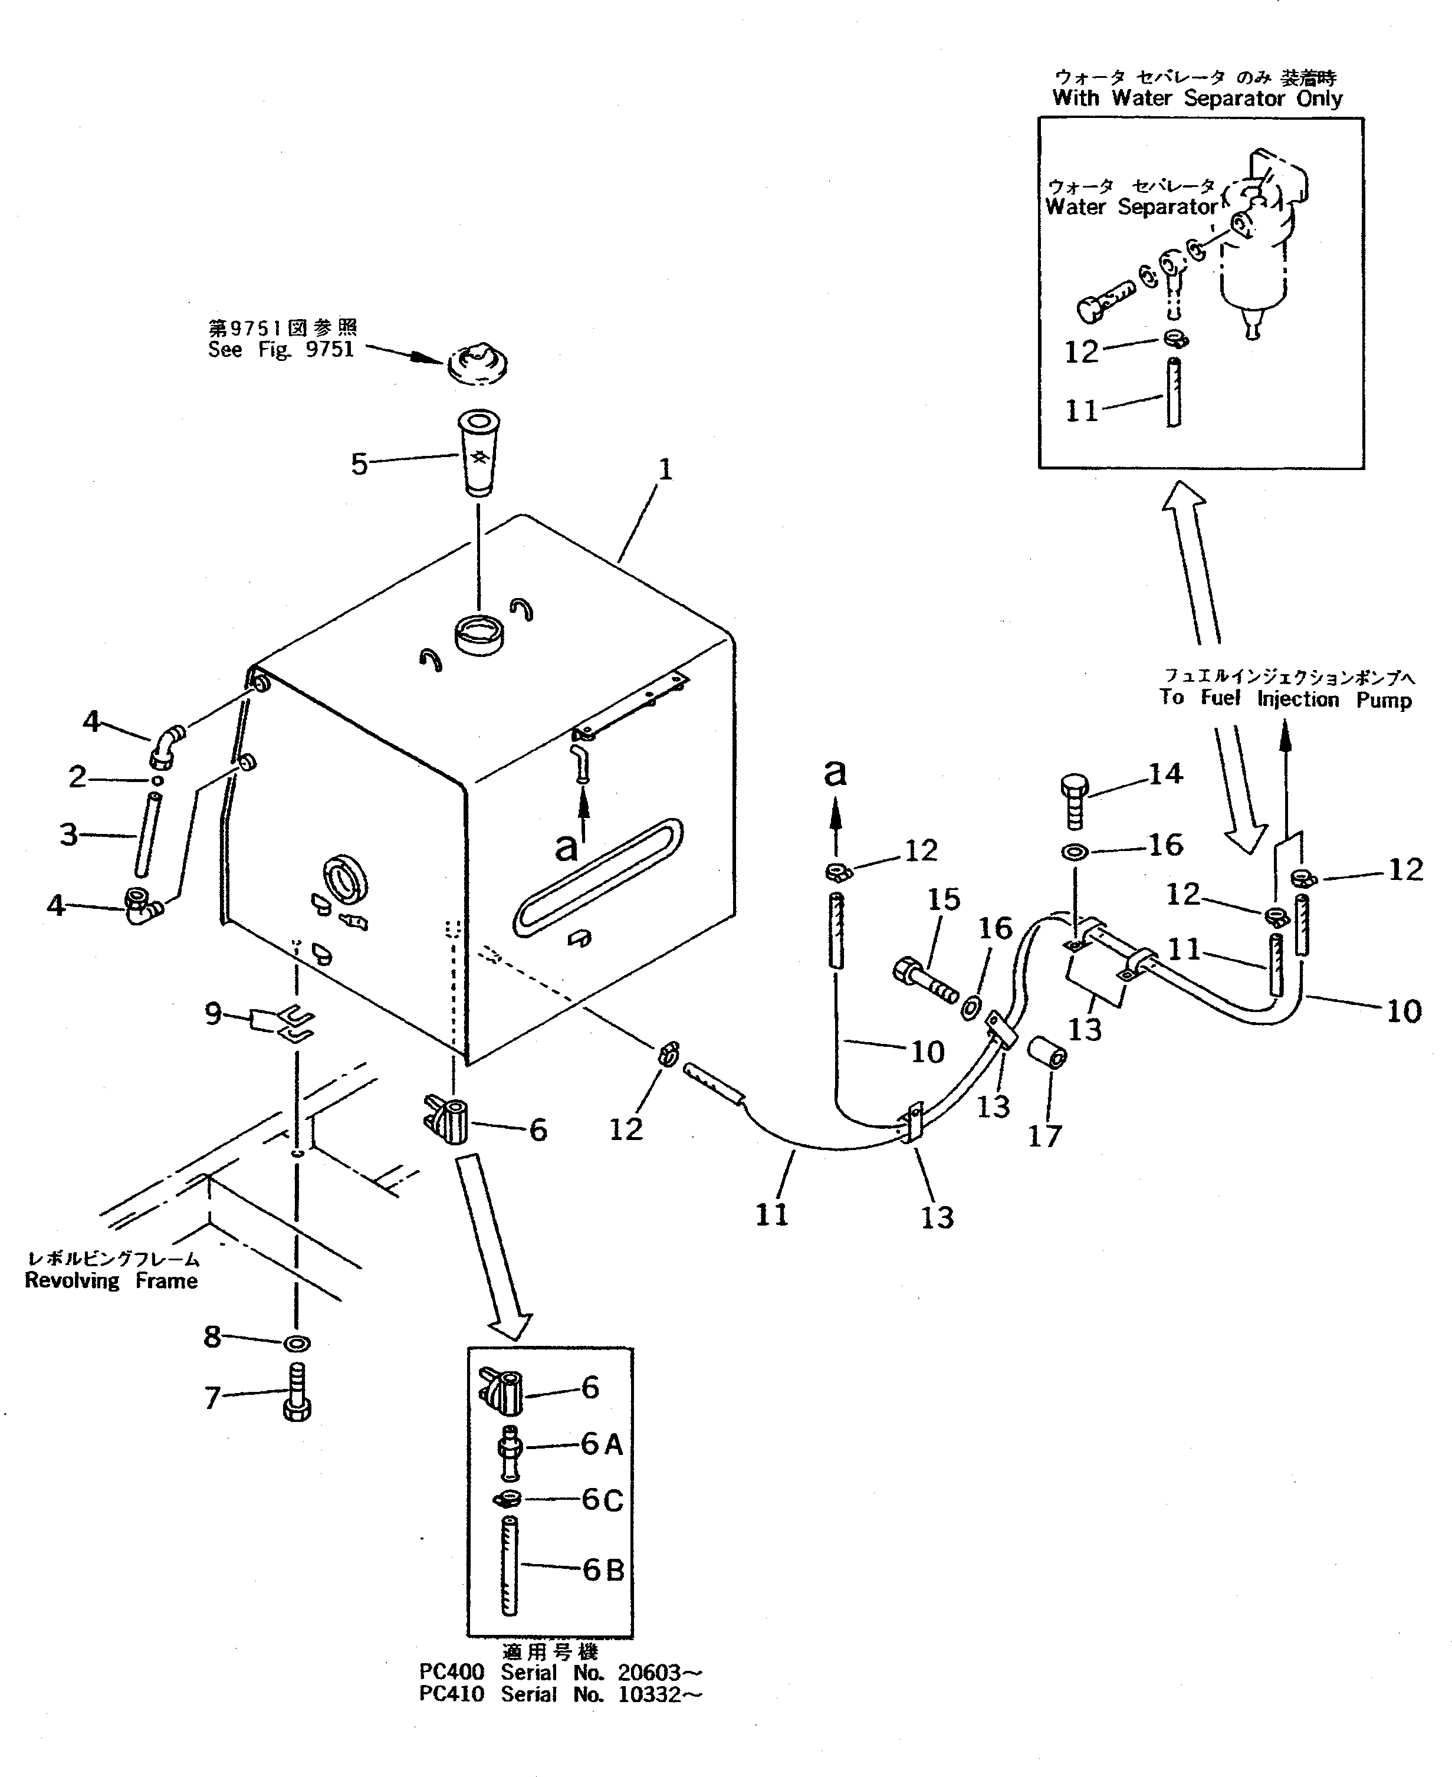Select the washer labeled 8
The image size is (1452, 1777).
coord(297,1343)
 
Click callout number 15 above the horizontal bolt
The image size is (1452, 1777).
coord(944,900)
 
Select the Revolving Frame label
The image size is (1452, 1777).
coord(111,1280)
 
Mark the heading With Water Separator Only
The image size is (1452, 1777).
coord(1197,98)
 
